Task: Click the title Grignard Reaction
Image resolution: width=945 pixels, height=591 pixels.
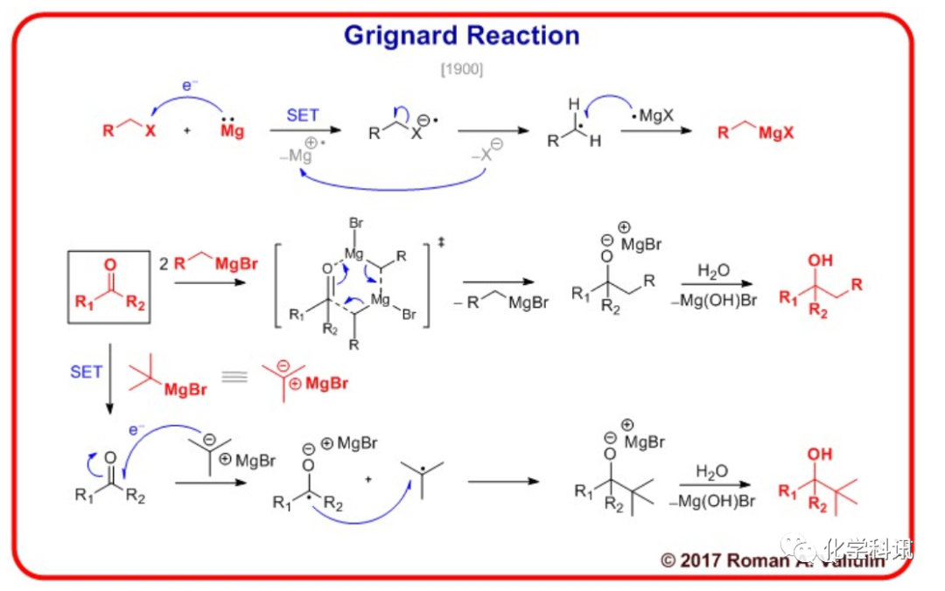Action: pos(461,35)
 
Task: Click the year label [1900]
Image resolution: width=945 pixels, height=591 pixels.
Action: pos(461,69)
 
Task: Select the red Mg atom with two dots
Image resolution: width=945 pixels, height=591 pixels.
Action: pos(232,131)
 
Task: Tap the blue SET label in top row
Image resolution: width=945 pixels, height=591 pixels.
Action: pos(303,115)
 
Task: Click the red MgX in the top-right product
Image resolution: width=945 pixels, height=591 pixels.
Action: pos(776,133)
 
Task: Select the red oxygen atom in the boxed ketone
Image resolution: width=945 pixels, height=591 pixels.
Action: pos(109,265)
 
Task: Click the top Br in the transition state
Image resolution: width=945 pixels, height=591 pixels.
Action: pos(355,224)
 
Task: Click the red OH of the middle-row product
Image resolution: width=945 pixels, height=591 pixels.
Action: pos(820,261)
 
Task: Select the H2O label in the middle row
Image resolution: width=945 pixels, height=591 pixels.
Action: pos(714,271)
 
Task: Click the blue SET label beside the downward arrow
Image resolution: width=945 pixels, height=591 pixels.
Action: pos(86,372)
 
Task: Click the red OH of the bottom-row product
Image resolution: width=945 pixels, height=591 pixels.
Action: pos(820,455)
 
